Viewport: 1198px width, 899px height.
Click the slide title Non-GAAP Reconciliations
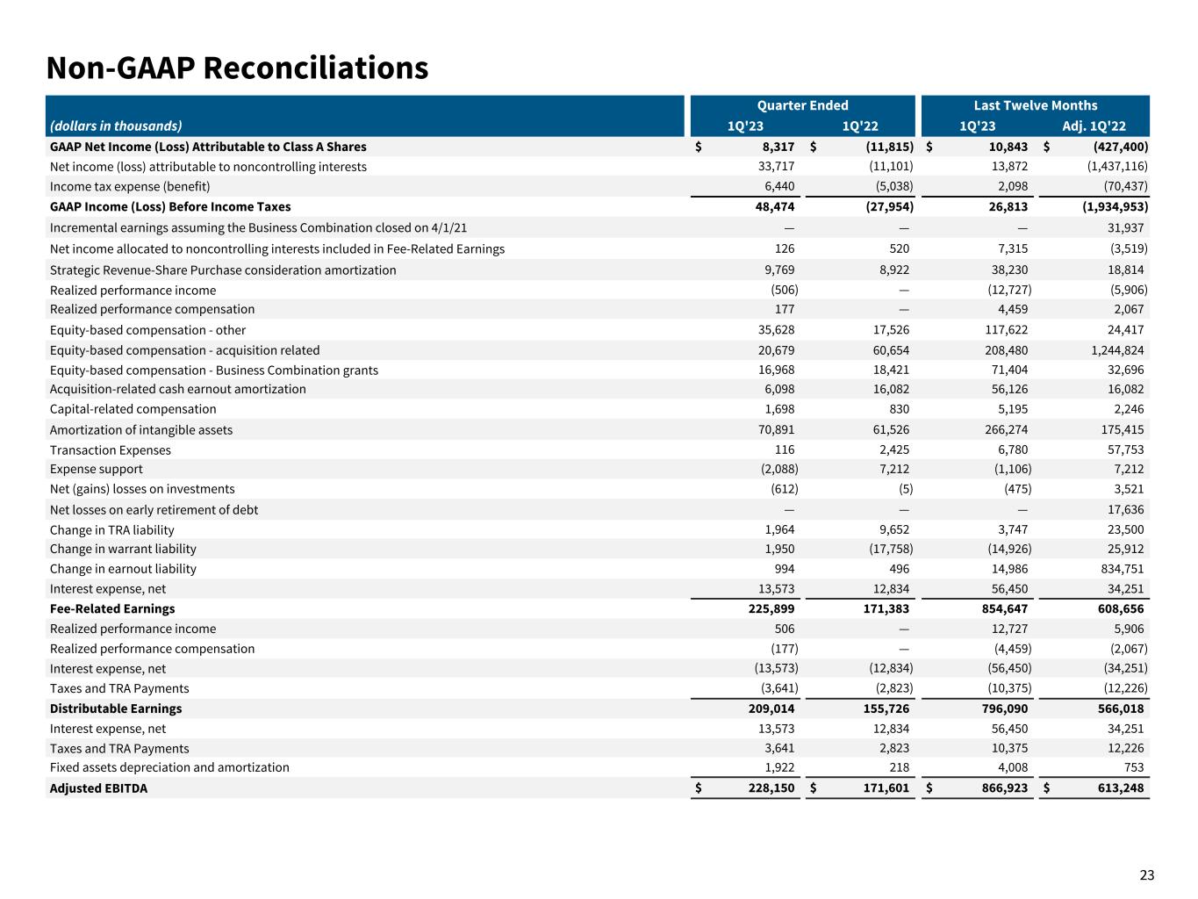(x=237, y=68)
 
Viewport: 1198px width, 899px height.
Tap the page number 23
(x=1147, y=874)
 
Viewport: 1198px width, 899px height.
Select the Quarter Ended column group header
(x=802, y=105)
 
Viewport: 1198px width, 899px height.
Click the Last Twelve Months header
(x=1035, y=105)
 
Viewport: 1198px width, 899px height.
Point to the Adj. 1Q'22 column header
(x=1094, y=126)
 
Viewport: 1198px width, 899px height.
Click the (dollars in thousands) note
(x=116, y=126)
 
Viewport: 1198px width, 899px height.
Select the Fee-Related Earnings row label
(x=112, y=608)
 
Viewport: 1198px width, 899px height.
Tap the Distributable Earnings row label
(x=116, y=708)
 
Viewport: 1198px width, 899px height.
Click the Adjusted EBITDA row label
(x=98, y=788)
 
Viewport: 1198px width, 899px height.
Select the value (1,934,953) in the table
(x=1108, y=206)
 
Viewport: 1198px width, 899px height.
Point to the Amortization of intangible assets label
(x=141, y=429)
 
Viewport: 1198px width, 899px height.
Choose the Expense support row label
(x=96, y=469)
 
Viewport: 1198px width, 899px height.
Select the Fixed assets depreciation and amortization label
(x=169, y=767)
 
